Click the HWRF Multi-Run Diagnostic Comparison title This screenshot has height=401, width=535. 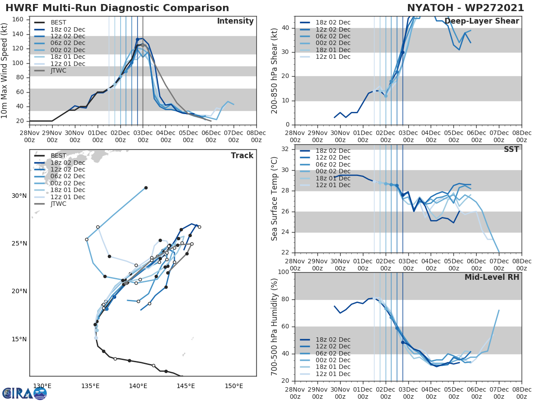click(x=117, y=8)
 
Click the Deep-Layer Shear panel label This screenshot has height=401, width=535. click(x=481, y=21)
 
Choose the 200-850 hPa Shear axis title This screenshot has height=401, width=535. click(x=275, y=71)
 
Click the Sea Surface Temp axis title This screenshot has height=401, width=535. click(x=275, y=198)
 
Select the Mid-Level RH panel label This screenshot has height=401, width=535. click(x=492, y=277)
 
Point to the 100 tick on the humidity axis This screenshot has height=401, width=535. click(x=284, y=272)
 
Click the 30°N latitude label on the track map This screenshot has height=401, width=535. click(x=19, y=196)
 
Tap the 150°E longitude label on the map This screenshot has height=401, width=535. click(x=234, y=386)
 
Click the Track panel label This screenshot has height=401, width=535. click(x=242, y=155)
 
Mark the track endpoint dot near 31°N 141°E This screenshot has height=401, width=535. click(x=146, y=188)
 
